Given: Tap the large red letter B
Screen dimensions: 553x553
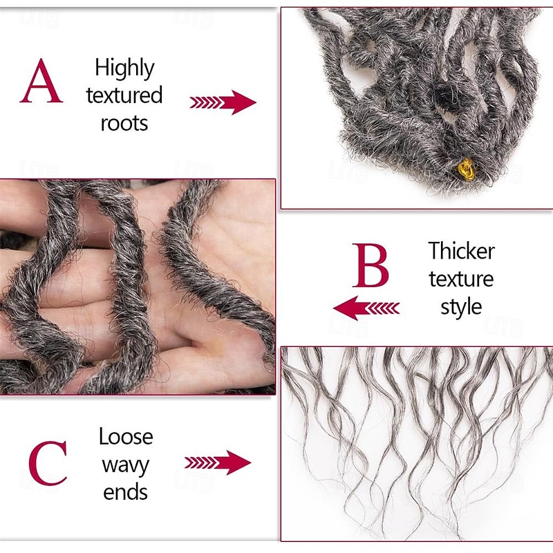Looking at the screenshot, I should [371, 265].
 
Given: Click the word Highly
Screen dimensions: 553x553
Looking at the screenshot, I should [124, 68].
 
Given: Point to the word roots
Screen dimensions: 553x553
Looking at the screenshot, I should [124, 123].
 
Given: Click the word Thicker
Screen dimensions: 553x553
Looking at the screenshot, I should [461, 250].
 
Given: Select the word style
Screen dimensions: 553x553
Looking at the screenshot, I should [461, 306].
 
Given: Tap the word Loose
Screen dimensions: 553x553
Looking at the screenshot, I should [126, 437].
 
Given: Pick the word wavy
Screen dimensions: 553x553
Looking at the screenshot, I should [125, 465].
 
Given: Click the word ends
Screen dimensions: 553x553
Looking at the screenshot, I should [125, 492].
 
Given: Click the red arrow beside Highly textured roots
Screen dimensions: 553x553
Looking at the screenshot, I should [223, 102].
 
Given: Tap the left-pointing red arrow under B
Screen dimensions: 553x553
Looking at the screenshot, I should [366, 307].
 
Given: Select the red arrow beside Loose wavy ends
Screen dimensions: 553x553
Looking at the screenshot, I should [218, 462].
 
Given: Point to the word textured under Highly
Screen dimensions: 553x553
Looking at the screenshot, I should [124, 95].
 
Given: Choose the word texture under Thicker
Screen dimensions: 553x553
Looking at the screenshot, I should [461, 279].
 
